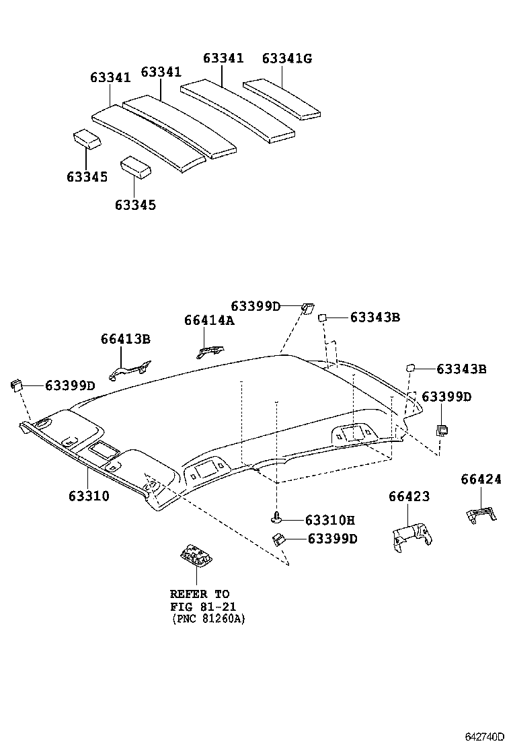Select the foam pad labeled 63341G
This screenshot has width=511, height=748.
click(x=282, y=99)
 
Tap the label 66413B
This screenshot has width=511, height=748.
click(x=126, y=339)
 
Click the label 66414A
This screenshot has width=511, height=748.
click(x=209, y=321)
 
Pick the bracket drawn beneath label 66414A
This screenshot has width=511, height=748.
click(x=210, y=350)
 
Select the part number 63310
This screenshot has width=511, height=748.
click(x=88, y=496)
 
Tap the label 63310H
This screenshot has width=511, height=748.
click(x=329, y=519)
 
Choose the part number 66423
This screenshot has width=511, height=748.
click(x=409, y=496)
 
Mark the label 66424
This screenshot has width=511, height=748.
click(x=481, y=479)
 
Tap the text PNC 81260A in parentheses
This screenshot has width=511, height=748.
click(x=208, y=618)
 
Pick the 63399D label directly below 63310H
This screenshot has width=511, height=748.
click(x=332, y=539)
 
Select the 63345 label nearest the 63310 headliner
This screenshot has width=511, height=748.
click(x=135, y=204)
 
